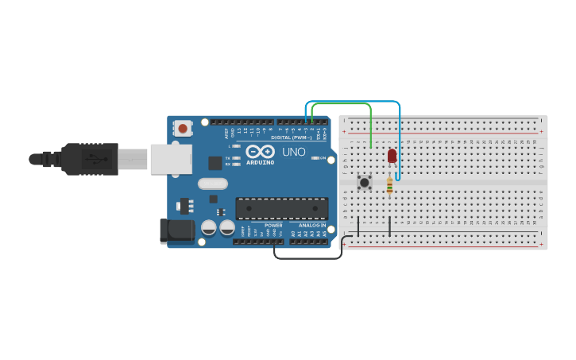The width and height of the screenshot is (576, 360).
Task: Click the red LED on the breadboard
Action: click(x=392, y=156)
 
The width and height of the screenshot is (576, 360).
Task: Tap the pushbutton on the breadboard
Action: click(x=365, y=183)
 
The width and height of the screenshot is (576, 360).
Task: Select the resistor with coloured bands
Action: click(x=389, y=185)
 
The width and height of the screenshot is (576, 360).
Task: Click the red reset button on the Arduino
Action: click(x=184, y=127)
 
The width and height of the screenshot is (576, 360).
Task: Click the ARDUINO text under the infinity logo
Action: click(x=260, y=162)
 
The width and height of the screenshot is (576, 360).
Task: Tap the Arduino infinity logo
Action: click(x=260, y=151)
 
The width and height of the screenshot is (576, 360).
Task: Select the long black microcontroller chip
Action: click(x=282, y=208)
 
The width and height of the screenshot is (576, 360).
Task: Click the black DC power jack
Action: click(x=176, y=230)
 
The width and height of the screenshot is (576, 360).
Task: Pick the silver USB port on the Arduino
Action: click(x=170, y=159)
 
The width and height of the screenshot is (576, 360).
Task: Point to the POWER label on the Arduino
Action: click(x=273, y=226)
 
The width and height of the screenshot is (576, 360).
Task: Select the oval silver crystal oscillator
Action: click(x=212, y=184)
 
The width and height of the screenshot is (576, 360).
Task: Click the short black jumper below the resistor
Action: click(x=389, y=225)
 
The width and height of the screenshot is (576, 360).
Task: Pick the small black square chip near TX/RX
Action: click(x=215, y=163)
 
